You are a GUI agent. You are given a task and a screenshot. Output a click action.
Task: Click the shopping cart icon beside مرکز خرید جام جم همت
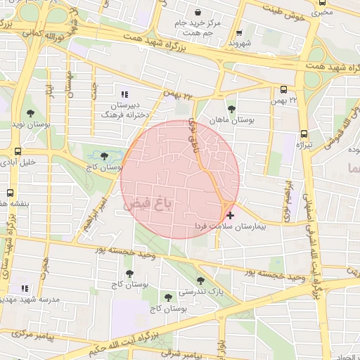tap(198, 12)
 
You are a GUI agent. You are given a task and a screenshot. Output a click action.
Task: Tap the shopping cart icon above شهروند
tap(239, 32)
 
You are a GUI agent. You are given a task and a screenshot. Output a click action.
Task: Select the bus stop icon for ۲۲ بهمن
tap(283, 89)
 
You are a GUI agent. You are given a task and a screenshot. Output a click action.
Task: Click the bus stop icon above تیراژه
tap(304, 133)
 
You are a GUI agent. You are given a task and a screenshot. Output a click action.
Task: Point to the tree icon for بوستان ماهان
tap(231, 108)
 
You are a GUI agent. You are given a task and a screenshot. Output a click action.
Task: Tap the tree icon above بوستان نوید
tap(30, 112)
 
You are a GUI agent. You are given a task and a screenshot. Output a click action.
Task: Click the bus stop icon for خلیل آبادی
tap(17, 150)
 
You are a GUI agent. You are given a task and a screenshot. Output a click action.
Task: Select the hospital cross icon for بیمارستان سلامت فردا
tap(230, 214)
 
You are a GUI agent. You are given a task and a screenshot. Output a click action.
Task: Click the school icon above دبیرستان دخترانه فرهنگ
tap(125, 94)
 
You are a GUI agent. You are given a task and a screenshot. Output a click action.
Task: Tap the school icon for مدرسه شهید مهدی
tap(25, 288)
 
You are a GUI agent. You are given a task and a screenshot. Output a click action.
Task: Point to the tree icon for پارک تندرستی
tap(201, 281)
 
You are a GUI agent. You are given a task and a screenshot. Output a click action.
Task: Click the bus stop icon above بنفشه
tap(10, 192)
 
